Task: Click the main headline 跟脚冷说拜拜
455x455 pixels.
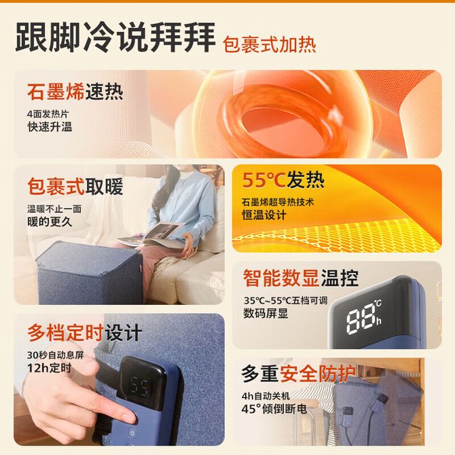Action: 115,37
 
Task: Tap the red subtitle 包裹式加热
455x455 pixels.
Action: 270,45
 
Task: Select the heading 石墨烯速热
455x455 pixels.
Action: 75,92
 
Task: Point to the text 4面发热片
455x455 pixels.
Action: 48,114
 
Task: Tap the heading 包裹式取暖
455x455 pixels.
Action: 75,186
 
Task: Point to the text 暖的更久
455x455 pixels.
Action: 50,222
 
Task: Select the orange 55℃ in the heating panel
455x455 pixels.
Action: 263,180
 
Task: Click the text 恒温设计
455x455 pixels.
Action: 264,215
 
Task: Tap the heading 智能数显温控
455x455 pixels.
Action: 301,278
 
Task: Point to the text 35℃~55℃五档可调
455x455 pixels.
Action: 285,301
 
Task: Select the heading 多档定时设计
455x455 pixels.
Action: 85,333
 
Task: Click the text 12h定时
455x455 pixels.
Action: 50,368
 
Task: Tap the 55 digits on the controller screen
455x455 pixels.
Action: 140,387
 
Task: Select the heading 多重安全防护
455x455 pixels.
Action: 299,374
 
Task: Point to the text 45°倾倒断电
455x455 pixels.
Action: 274,409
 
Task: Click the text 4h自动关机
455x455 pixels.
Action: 266,396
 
